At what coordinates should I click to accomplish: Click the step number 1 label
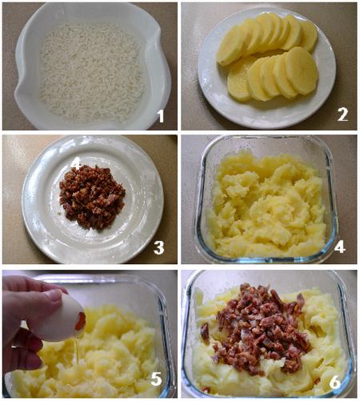tap(160, 116)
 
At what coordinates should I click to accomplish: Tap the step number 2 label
tap(342, 114)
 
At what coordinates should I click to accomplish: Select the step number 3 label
tap(159, 247)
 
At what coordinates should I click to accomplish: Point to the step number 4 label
tap(340, 247)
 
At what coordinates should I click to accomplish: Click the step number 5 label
tap(157, 379)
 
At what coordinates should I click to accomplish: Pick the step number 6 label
tap(335, 383)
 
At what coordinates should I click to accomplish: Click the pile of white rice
tap(91, 72)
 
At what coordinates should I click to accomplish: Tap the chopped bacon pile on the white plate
tap(91, 198)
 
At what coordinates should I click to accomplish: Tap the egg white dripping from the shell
tap(78, 351)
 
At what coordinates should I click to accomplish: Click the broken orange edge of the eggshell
tap(82, 322)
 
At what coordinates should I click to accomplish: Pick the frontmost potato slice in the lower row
tap(302, 70)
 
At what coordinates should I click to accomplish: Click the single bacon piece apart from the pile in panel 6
tap(205, 333)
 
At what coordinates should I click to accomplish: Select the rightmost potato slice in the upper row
tap(310, 37)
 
